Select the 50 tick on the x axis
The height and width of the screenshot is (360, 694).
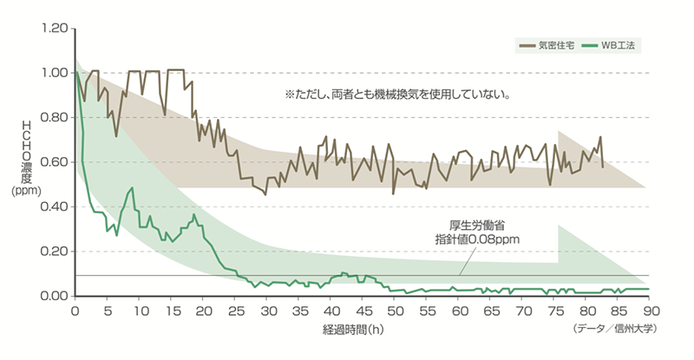[x=394, y=311]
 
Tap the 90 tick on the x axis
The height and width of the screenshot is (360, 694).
[x=648, y=311]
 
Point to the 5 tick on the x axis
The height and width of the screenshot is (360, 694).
[x=108, y=311]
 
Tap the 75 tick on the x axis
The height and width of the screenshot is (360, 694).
[x=553, y=311]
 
